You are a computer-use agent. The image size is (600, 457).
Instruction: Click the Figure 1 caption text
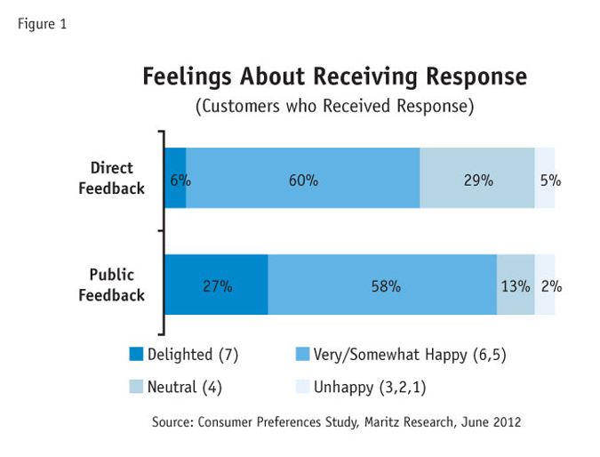tap(42, 24)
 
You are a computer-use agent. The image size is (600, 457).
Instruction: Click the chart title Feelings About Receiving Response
tap(334, 77)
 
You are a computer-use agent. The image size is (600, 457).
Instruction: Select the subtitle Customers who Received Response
tap(334, 107)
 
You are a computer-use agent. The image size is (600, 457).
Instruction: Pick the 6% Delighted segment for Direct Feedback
tap(175, 179)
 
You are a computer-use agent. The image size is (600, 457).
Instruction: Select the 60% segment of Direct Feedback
tap(303, 179)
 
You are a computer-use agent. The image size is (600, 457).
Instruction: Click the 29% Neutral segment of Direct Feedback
tap(477, 179)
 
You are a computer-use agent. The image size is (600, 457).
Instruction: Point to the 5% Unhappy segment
tap(545, 179)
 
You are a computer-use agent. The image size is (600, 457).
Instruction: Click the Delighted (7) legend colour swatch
tap(135, 355)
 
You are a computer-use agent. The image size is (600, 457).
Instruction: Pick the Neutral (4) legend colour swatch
tap(135, 387)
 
